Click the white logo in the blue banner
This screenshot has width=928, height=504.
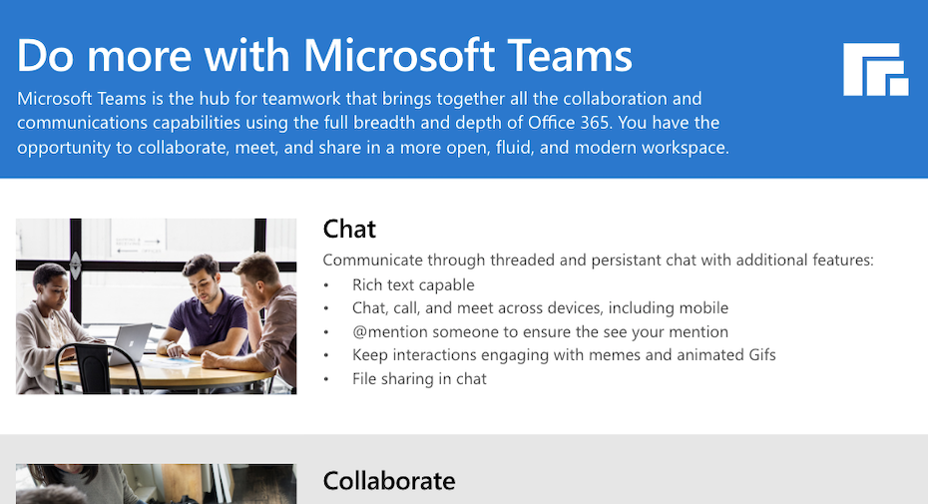click(875, 69)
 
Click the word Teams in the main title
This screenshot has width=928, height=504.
click(570, 56)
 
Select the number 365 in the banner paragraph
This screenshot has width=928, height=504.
click(594, 123)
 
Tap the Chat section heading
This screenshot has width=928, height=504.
click(349, 230)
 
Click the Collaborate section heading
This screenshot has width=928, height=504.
click(389, 481)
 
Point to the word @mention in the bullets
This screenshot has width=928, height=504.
click(390, 331)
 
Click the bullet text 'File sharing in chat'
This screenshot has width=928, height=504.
click(419, 379)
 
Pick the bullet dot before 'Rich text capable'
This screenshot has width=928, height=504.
click(326, 285)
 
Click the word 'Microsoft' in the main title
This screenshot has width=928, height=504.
click(399, 56)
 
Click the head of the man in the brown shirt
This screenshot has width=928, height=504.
click(258, 275)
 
